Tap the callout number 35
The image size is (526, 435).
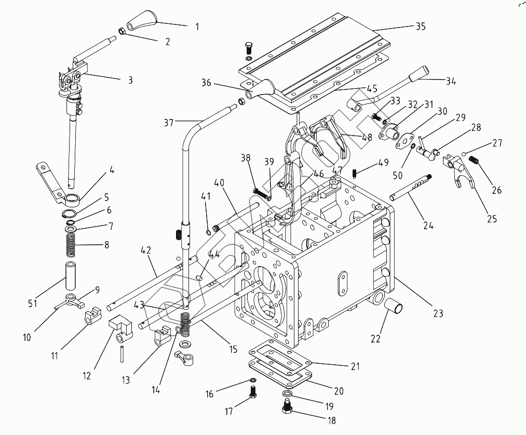click(x=421, y=26)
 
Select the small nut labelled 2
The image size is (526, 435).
click(x=122, y=31)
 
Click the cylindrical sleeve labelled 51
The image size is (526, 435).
click(x=70, y=275)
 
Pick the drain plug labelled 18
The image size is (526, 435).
click(x=288, y=407)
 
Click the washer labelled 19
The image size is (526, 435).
click(x=287, y=393)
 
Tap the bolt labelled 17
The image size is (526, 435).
click(x=254, y=392)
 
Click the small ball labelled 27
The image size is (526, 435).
click(x=464, y=154)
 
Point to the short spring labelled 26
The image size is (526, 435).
click(x=474, y=160)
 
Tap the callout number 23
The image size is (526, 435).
click(x=438, y=313)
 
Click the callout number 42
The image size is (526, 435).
click(x=146, y=251)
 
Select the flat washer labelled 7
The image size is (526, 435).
click(x=71, y=229)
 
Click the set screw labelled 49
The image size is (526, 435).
click(x=354, y=174)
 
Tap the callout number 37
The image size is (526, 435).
click(x=169, y=123)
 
